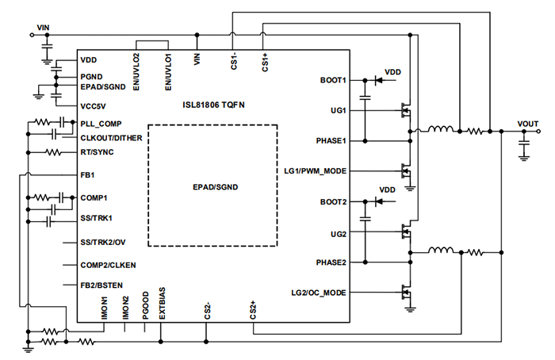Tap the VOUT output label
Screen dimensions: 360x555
(x=526, y=123)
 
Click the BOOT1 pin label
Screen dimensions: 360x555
(x=333, y=80)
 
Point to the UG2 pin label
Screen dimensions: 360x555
(x=338, y=234)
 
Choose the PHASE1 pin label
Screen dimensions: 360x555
(x=331, y=140)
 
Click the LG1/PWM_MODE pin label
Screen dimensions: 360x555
(x=315, y=171)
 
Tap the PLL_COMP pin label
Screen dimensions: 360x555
(x=101, y=123)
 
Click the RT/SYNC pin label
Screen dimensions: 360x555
(x=98, y=152)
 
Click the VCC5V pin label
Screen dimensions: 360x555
(x=93, y=105)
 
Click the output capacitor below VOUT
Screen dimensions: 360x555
(x=523, y=144)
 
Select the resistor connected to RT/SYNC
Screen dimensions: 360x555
(x=54, y=152)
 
